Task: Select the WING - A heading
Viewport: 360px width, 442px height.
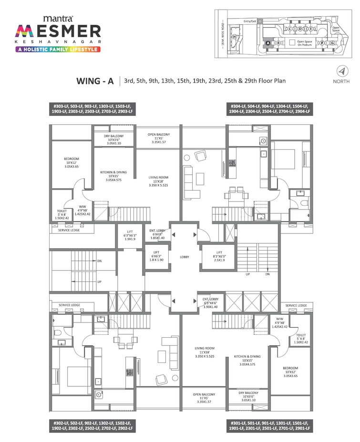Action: pyautogui.click(x=95, y=81)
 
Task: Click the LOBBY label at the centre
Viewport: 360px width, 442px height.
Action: pyautogui.click(x=185, y=257)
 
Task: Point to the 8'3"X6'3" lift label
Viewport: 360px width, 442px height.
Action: pyautogui.click(x=219, y=255)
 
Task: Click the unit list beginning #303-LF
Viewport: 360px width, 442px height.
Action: pyautogui.click(x=93, y=108)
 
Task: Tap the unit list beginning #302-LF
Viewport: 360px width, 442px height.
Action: pyautogui.click(x=93, y=426)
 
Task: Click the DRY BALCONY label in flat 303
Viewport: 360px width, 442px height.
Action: pyautogui.click(x=113, y=140)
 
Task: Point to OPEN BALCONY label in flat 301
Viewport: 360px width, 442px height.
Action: pyautogui.click(x=204, y=398)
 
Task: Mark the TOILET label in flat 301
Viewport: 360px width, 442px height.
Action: pyautogui.click(x=300, y=338)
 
